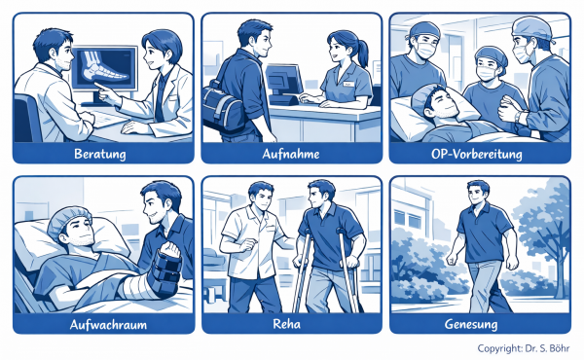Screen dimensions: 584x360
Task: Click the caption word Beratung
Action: [100, 154]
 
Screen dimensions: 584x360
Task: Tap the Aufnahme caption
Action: [291, 154]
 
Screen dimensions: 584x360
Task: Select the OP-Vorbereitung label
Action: [476, 154]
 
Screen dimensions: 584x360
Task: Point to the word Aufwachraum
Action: [108, 325]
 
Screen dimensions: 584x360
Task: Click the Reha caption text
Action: [286, 324]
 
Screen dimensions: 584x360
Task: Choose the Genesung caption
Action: [471, 324]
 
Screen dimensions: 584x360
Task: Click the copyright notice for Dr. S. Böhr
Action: [524, 348]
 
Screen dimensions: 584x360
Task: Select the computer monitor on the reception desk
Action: [284, 83]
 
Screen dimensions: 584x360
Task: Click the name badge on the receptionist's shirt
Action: [348, 84]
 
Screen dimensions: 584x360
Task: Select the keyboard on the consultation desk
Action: [108, 119]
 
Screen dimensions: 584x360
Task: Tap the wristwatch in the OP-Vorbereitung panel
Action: [519, 116]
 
